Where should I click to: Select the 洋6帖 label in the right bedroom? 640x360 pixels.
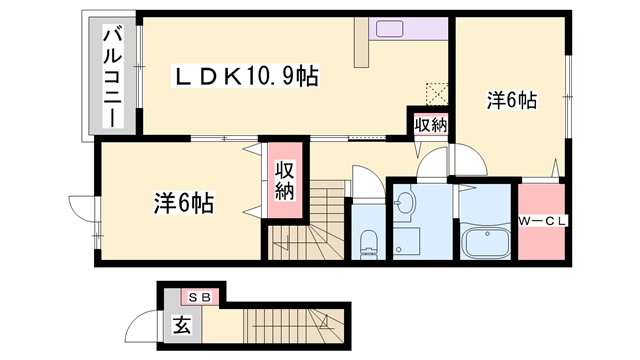point(512,100)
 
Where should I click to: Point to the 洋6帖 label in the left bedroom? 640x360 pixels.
point(185,202)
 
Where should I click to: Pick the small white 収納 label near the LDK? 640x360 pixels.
point(431,124)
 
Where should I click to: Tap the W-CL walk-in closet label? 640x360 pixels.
point(541,221)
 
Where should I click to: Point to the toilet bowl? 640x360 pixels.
point(367,240)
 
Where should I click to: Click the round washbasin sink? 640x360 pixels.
point(406,205)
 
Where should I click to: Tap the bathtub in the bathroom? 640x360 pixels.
point(486,243)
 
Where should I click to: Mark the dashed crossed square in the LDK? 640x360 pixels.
point(436,92)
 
